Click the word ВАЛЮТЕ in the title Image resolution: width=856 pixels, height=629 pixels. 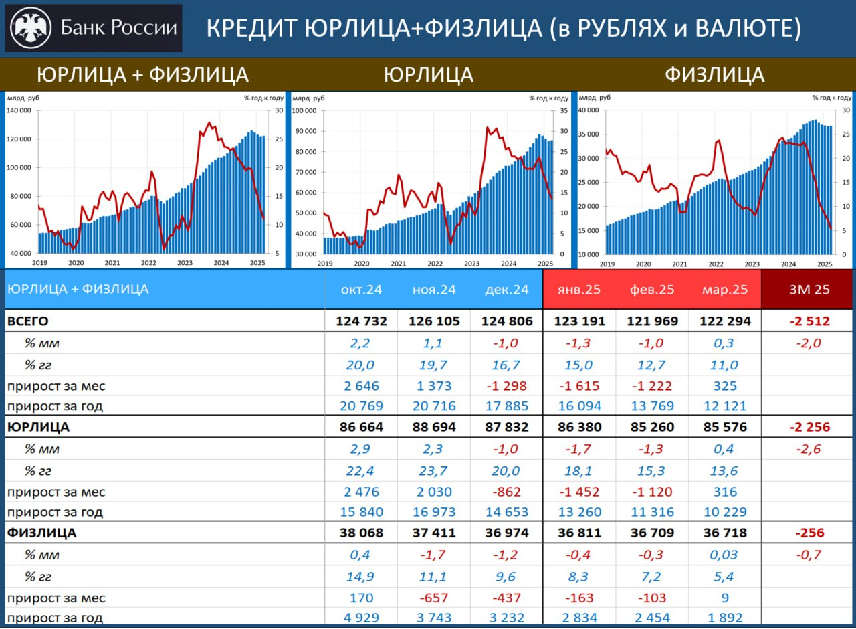[x=748, y=28]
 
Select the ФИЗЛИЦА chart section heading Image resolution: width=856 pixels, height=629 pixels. [x=714, y=74]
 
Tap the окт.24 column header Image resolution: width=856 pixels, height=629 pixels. [x=361, y=290]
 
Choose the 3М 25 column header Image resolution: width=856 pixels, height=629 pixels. [x=809, y=290]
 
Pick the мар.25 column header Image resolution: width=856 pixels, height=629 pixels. [x=726, y=290]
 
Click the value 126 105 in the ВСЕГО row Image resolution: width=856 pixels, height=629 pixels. [x=434, y=321]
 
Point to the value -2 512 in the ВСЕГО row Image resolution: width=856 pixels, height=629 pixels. [x=809, y=321]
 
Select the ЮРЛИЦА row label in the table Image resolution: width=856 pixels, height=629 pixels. [x=38, y=427]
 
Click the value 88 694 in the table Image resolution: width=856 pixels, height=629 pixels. [x=434, y=427]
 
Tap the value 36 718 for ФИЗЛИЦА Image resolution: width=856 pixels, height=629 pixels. [x=726, y=533]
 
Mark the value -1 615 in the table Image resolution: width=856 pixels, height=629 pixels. [x=579, y=386]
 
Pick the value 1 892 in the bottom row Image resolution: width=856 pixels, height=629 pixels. [x=726, y=618]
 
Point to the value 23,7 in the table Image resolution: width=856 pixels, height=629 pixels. [x=434, y=471]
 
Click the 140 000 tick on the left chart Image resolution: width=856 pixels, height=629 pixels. [x=19, y=110]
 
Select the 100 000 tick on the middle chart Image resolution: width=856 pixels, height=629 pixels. [x=304, y=110]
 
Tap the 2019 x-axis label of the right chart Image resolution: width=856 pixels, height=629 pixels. [x=607, y=264]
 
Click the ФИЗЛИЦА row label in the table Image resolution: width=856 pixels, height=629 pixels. [x=41, y=533]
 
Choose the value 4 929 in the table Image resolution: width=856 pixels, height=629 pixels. [x=361, y=618]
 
